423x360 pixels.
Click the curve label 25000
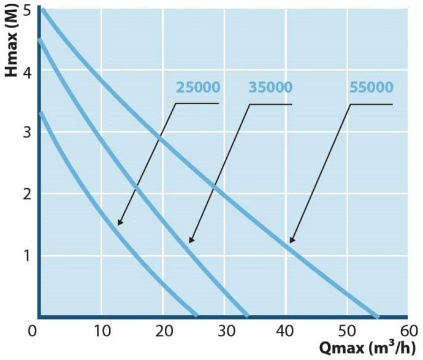coord(197,87)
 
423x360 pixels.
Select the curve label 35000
coord(270,87)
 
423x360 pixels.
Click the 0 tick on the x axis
coord(34,332)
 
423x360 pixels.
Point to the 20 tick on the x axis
coord(162,332)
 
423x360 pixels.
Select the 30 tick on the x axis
coord(224,332)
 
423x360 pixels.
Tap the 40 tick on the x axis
coord(286,332)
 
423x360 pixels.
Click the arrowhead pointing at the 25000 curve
coord(120,223)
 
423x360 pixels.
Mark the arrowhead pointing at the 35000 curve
coord(191,240)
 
